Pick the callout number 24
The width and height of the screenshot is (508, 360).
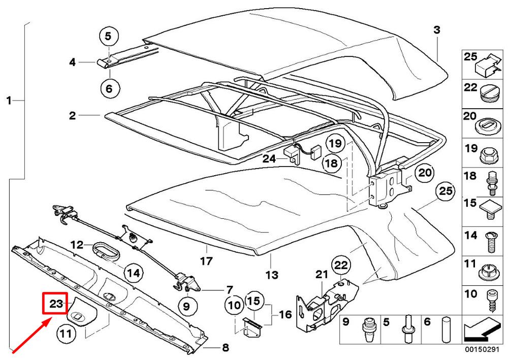coord(269,158)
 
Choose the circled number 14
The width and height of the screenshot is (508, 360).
coord(133,273)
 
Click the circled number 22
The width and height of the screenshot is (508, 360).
coord(340,265)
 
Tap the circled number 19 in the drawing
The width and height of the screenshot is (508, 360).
coord(335,144)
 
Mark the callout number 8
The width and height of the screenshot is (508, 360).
coord(225,348)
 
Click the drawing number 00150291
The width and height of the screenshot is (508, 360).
coord(481,350)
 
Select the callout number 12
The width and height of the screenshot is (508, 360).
coord(77,245)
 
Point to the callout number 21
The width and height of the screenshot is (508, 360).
coord(322,274)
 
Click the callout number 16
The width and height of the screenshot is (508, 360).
coord(285,315)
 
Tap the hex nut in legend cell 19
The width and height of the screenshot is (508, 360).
coord(489,151)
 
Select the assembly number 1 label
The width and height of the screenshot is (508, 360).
coord(9,101)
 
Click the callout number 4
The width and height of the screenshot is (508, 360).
coord(73,62)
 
